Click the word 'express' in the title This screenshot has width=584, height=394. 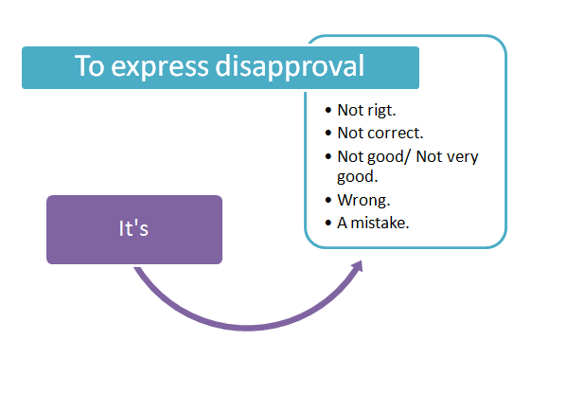(155, 67)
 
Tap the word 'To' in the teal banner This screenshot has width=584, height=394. (90, 67)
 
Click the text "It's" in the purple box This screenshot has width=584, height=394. (133, 228)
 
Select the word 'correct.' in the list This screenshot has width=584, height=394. (397, 134)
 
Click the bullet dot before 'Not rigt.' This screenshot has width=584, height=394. (327, 112)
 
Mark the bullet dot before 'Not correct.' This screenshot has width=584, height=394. (327, 134)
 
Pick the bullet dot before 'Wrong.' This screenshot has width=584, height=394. (327, 201)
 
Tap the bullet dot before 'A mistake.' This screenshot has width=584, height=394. (327, 223)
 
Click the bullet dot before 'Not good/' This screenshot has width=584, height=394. (327, 156)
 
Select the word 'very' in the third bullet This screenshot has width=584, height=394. (463, 156)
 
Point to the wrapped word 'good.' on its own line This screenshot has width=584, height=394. (356, 177)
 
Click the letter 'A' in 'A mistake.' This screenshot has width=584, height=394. (343, 223)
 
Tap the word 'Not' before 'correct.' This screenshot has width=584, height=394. (350, 134)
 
